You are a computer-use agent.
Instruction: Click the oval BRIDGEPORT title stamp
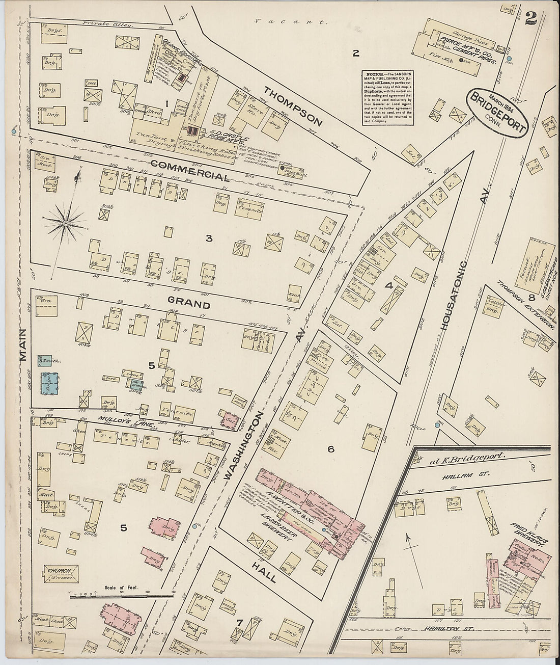pyautogui.click(x=496, y=112)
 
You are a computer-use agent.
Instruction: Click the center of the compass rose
pyautogui.click(x=66, y=223)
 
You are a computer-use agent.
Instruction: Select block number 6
pyautogui.click(x=330, y=449)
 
